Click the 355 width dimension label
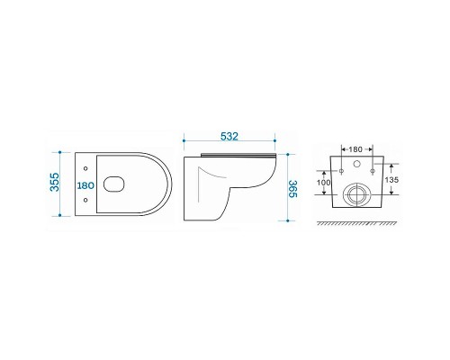click(55, 182)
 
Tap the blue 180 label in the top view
click(85, 185)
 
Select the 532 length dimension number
click(229, 137)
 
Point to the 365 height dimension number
click(292, 189)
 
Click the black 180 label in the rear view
click(355, 149)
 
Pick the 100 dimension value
click(323, 183)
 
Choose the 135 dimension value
click(391, 180)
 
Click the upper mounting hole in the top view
click(85, 168)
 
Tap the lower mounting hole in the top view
click(85, 200)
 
